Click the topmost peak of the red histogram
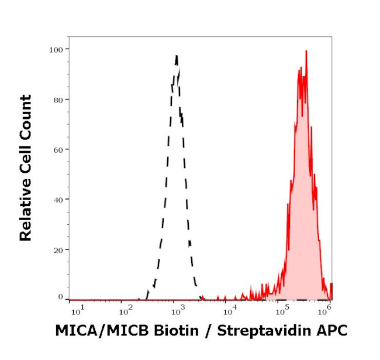306,51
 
